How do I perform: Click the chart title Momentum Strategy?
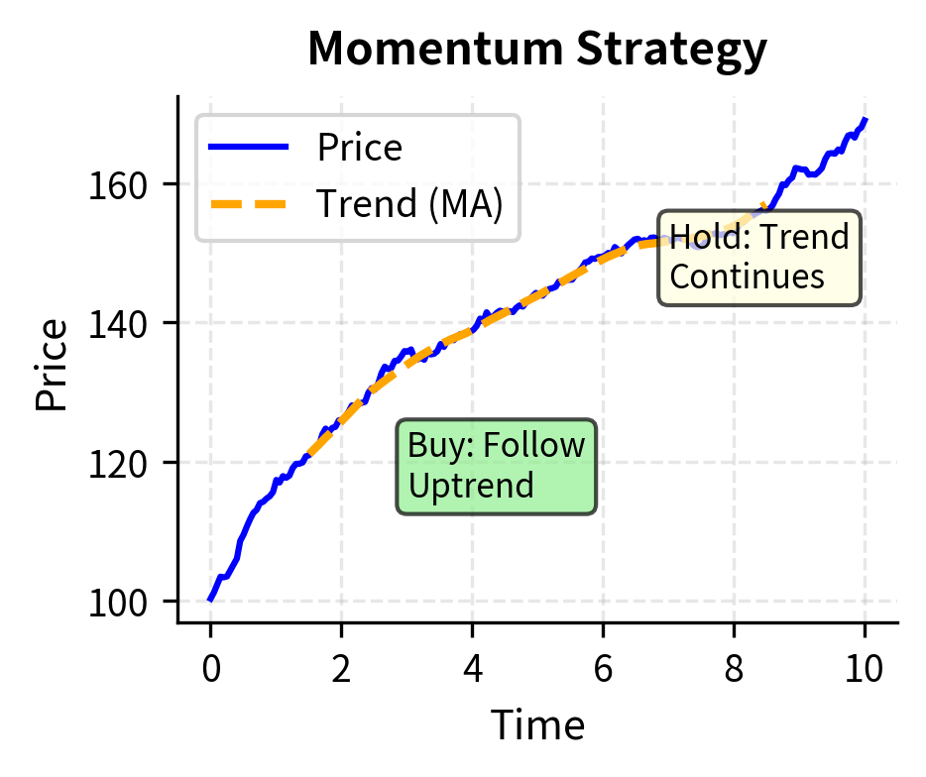coord(536,50)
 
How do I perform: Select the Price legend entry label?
coord(359,148)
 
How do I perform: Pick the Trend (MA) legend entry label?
coord(409,204)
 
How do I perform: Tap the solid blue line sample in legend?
coord(248,148)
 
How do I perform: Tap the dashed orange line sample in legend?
coord(248,204)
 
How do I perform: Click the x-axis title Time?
coord(538,725)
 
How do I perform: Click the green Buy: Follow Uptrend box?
coord(497,466)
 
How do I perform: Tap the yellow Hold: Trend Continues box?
coord(759,257)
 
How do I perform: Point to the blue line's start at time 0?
coord(210,600)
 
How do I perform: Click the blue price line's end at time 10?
coord(866,120)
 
